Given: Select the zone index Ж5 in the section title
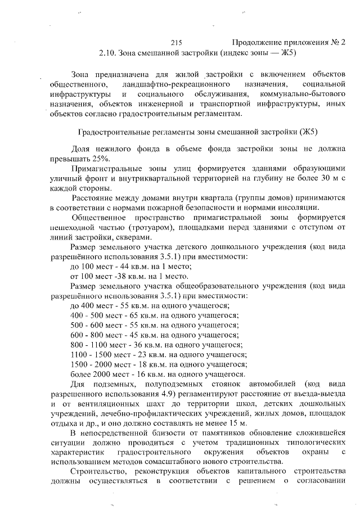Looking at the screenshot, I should [x=287, y=53].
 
